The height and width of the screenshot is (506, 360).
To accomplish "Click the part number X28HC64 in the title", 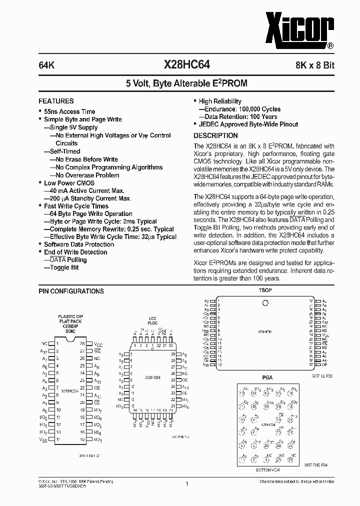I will point(187,64).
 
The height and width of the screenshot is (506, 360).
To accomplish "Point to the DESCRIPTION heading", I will point(215,135).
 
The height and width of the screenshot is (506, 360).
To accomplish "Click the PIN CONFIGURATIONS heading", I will point(71,291).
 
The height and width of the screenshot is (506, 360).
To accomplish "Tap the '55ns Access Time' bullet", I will point(69,111).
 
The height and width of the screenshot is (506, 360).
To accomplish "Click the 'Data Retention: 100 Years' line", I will point(240,116).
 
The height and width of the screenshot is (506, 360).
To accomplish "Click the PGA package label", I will point(267,377).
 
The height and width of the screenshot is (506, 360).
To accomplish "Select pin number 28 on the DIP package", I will point(83,343).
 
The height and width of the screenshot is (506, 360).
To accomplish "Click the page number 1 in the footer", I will point(186,484).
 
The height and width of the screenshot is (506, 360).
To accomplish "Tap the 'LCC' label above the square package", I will point(152,318).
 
